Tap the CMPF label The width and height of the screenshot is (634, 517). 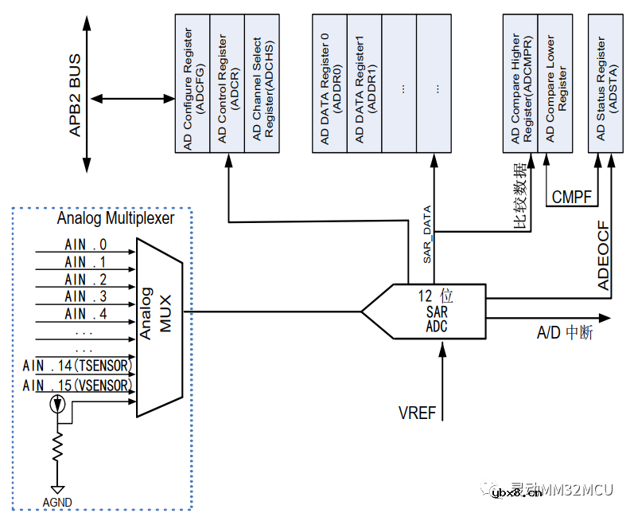(x=572, y=197)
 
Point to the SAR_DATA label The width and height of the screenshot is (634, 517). (x=426, y=235)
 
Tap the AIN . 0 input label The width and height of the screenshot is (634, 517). (x=85, y=245)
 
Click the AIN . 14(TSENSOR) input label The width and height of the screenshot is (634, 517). (x=78, y=366)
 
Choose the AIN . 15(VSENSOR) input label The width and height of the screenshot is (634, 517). (x=78, y=386)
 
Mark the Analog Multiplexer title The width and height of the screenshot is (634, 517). (x=115, y=218)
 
